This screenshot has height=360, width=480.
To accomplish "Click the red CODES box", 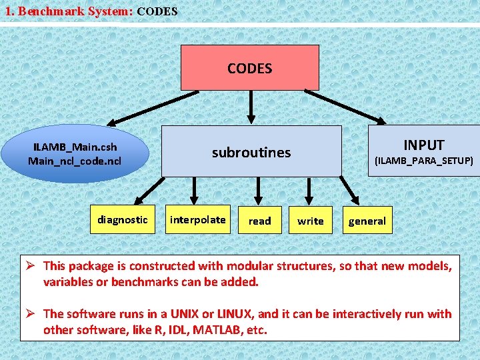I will point(249,67).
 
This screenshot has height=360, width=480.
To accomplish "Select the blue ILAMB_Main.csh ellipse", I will point(75,154).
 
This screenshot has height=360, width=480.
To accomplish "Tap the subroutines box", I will point(251,152).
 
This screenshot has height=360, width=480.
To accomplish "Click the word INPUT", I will point(423,145).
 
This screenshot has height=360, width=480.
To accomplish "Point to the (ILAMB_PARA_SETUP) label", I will point(423,161).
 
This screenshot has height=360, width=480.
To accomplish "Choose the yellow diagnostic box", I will point(123,219).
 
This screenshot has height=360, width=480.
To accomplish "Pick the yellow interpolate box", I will point(198,219).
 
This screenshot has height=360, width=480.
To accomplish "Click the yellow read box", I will point(260,221).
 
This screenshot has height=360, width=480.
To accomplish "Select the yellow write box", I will point(311,221).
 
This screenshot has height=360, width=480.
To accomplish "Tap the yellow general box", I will point(367,221).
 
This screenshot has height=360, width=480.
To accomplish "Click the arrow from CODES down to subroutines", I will point(251,107).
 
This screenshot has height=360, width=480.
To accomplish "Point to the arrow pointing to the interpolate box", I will point(194,191).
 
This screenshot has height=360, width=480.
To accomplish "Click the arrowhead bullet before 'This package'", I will point(30,265).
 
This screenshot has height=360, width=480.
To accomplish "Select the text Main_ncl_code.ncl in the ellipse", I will point(75,161).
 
